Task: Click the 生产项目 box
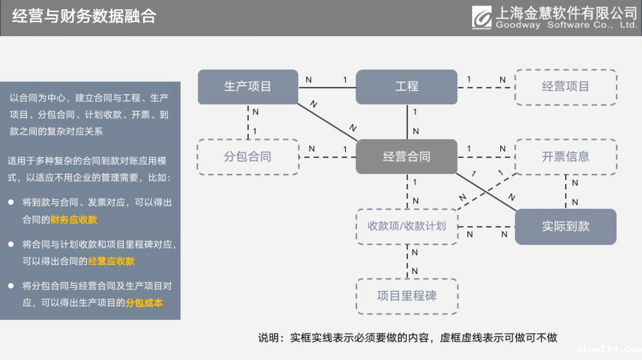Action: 247,86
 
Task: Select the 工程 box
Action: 407,86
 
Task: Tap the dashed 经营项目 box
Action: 565,86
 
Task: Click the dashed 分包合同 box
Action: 247,157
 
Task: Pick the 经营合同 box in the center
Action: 407,157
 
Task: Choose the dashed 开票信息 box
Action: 565,157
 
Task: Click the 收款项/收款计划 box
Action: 407,226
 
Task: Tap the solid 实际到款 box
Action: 565,226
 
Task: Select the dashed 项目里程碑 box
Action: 407,296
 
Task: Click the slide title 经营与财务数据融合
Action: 84,17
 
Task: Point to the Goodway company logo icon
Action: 481,17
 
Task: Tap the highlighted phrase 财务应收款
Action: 74,219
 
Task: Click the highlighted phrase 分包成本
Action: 144,302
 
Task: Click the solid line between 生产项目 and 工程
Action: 327,86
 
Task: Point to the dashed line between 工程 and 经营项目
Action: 486,86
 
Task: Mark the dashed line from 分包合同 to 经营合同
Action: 327,157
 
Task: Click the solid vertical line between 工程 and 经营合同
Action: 407,122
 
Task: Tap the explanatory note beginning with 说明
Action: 407,337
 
